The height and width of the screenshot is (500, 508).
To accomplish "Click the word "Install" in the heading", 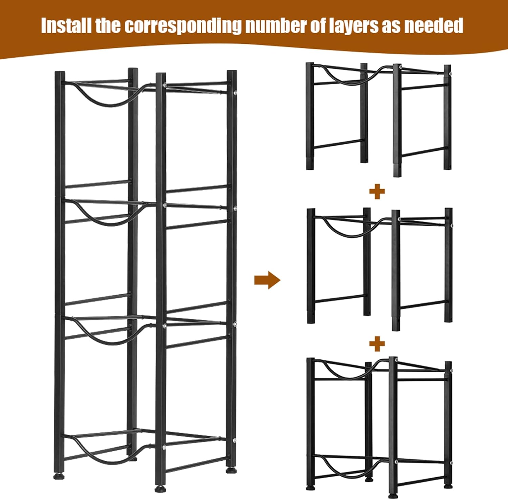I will (x=66, y=25).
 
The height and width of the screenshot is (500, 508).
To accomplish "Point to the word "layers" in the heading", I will (x=353, y=25).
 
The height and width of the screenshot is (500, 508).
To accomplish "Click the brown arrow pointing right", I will (x=267, y=280).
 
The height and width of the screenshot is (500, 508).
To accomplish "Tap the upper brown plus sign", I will (x=377, y=192).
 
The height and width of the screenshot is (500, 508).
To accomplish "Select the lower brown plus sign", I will (x=377, y=344).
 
